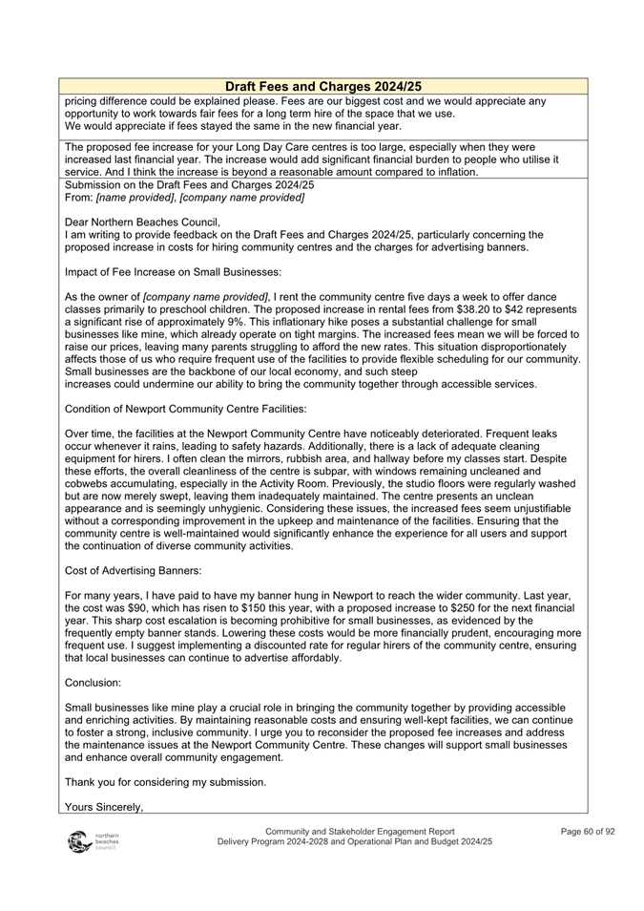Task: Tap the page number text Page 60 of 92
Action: (588, 832)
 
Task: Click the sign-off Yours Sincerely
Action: (104, 807)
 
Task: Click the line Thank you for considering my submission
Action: (165, 782)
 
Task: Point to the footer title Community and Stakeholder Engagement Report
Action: (360, 832)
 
